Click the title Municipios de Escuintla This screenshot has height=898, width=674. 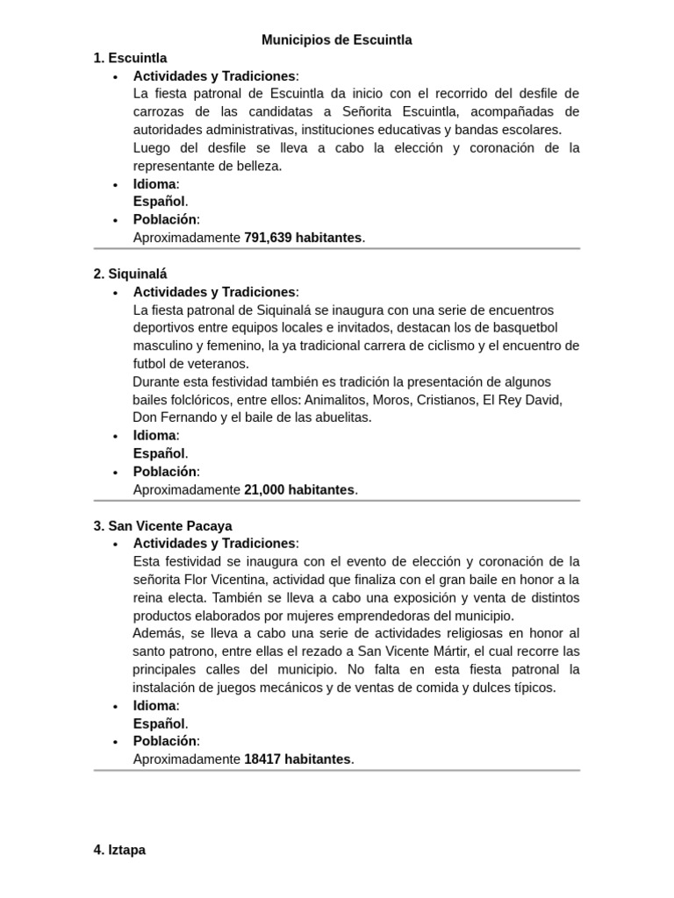point(336,39)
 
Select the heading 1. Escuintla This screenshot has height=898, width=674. point(130,58)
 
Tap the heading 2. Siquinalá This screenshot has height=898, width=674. point(130,274)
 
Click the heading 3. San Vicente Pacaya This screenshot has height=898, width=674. point(162,525)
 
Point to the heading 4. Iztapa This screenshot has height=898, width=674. point(119,850)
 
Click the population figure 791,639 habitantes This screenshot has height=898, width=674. point(303,238)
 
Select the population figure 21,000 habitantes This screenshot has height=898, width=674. point(299,489)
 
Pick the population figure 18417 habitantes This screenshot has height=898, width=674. point(297,759)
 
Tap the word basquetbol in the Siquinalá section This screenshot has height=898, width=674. point(524,327)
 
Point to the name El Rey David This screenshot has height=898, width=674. point(525,399)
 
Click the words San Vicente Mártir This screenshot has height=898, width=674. point(415,651)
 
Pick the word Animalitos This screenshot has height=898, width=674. point(336,399)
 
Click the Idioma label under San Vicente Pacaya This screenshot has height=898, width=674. point(155,705)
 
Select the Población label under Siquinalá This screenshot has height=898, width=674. point(165,471)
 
